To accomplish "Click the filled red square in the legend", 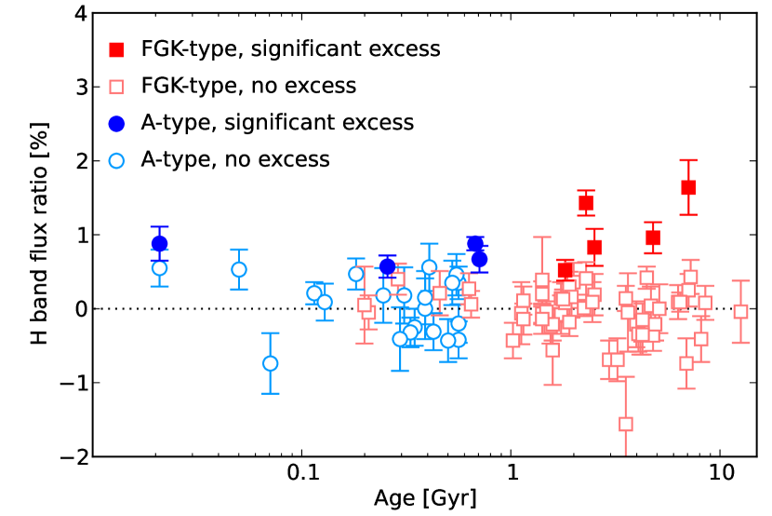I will (x=116, y=48).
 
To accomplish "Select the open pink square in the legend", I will (x=116, y=86).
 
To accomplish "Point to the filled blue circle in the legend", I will (x=116, y=122).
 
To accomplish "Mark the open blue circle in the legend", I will (x=116, y=159).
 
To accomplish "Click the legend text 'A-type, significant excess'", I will (x=277, y=122).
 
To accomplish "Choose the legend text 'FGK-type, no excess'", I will (x=248, y=86).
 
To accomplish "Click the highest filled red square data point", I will (x=688, y=187).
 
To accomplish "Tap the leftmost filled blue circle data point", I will (x=159, y=244).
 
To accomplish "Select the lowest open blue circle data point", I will (x=271, y=363).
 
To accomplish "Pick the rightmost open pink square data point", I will (x=740, y=311).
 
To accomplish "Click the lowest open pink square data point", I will (x=626, y=424).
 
